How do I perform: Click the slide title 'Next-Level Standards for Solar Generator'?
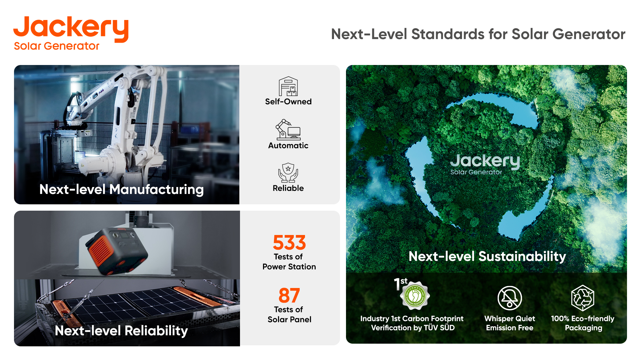point(478,34)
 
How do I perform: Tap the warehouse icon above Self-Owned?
point(288,86)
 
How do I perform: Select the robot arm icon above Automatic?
point(288,129)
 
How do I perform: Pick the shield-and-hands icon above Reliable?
point(288,172)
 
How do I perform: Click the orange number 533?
point(289,242)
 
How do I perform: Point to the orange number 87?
point(289,295)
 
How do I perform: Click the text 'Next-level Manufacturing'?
point(121,189)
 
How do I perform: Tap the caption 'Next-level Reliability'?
point(121,331)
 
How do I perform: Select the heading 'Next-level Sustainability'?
point(487,256)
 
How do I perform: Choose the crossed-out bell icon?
point(510,298)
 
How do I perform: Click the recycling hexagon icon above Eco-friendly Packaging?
point(583,298)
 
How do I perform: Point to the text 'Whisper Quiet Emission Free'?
point(510,323)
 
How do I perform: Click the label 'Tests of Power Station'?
point(289,262)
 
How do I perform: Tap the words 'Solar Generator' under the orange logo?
point(57,46)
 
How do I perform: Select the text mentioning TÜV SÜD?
point(412,323)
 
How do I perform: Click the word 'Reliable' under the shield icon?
point(288,188)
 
